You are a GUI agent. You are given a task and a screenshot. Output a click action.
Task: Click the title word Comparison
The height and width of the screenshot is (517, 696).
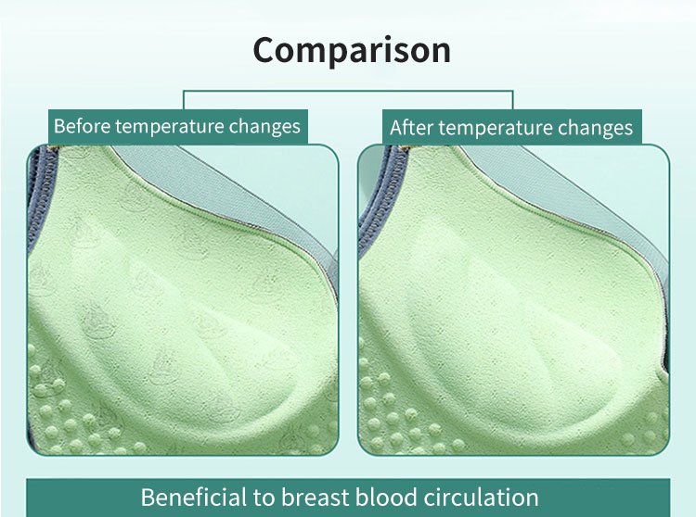pyautogui.click(x=352, y=51)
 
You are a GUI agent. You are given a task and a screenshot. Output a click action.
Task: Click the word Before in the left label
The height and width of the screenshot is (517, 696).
pyautogui.click(x=82, y=126)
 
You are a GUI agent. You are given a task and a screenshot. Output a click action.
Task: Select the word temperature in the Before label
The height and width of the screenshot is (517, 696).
pyautogui.click(x=170, y=127)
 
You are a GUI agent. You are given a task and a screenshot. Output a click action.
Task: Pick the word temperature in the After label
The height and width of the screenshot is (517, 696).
pyautogui.click(x=495, y=129)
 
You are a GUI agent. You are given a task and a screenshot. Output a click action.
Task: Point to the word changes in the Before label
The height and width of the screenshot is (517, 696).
pyautogui.click(x=264, y=127)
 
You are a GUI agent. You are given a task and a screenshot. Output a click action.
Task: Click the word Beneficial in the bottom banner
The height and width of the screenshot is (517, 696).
pyautogui.click(x=194, y=497)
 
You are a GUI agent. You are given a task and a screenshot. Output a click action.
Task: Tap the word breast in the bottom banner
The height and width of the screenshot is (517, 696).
pyautogui.click(x=316, y=497)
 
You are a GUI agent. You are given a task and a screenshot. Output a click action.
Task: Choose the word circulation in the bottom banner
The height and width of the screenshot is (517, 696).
pyautogui.click(x=481, y=497)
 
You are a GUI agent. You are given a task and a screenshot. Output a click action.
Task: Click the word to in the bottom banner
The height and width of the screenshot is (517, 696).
pyautogui.click(x=264, y=498)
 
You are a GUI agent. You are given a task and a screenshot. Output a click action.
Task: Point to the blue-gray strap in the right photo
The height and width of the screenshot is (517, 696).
pyautogui.click(x=374, y=199)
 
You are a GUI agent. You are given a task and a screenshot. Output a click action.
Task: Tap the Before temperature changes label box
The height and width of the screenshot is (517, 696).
pyautogui.click(x=178, y=127)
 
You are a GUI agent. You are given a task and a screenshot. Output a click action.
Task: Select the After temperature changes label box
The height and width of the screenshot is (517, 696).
pyautogui.click(x=511, y=127)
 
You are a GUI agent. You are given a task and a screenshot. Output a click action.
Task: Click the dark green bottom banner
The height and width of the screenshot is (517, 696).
pyautogui.click(x=348, y=497)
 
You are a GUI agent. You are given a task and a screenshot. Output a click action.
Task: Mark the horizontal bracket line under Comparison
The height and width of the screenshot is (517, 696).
pyautogui.click(x=348, y=91)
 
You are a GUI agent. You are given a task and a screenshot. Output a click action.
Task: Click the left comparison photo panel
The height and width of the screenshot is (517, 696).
pyautogui.click(x=183, y=300)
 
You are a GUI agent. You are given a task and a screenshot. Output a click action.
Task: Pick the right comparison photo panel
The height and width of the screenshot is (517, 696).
pyautogui.click(x=513, y=300)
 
